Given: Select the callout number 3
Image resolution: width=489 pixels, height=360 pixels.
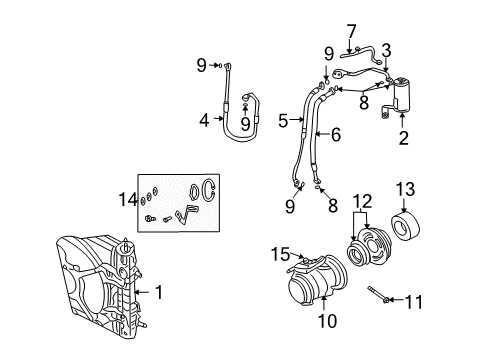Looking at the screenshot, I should pos(386,49).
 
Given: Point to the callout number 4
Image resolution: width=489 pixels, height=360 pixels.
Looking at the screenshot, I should pos(204,121).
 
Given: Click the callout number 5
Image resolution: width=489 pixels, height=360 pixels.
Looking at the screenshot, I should pos(283,121).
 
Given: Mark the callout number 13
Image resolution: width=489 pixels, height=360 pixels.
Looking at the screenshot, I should pos(405,190).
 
